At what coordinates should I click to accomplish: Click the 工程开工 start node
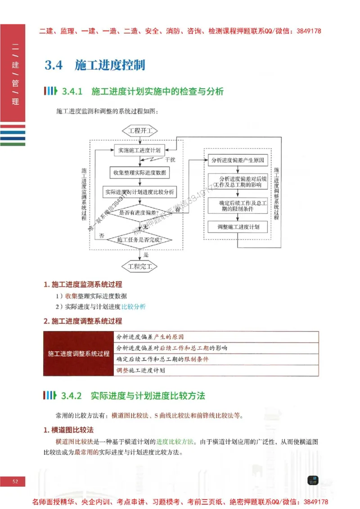tap(140, 131)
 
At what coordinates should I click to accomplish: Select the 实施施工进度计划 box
tap(139, 150)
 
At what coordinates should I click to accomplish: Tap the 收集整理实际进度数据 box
tap(139, 172)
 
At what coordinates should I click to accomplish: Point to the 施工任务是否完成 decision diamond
tap(139, 240)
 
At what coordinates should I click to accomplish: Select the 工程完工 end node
tap(140, 266)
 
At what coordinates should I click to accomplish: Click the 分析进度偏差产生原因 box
tap(237, 161)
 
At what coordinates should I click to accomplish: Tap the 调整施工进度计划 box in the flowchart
tap(237, 227)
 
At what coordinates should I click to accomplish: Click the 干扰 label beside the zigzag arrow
tap(170, 160)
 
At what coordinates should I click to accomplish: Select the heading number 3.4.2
tap(72, 396)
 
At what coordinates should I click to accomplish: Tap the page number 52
tap(15, 482)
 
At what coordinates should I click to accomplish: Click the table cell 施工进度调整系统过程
tap(79, 354)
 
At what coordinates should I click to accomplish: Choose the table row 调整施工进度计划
tap(216, 371)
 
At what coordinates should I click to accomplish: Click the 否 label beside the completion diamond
tap(102, 236)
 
